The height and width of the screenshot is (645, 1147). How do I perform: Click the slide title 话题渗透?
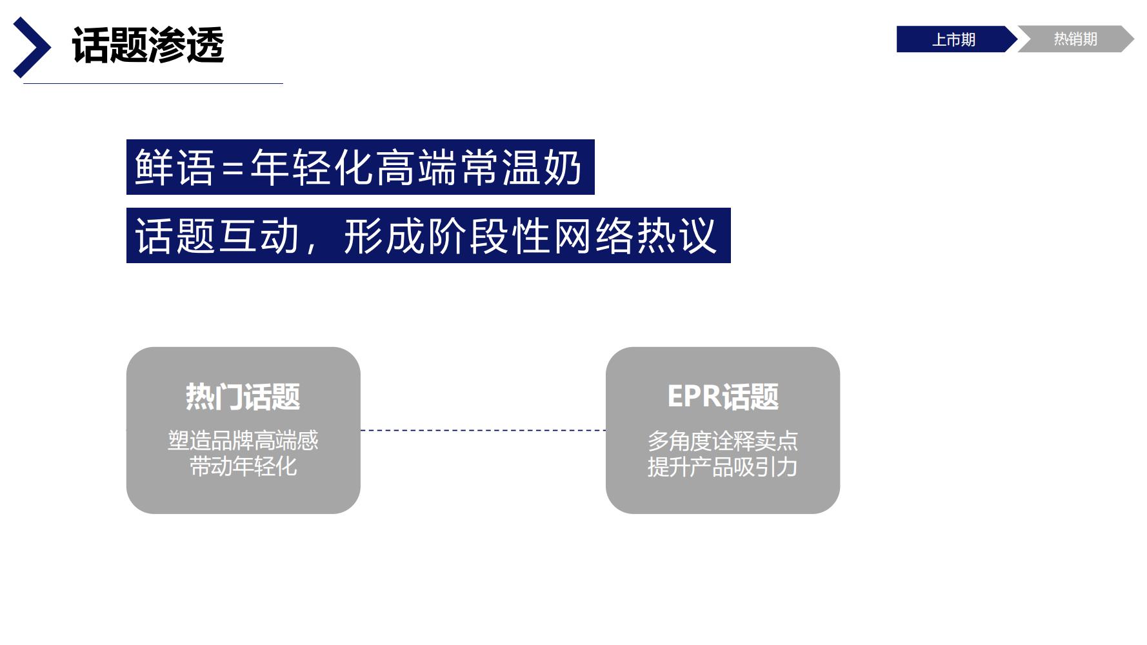pyautogui.click(x=148, y=46)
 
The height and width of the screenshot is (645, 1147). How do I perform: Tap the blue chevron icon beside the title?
pyautogui.click(x=32, y=47)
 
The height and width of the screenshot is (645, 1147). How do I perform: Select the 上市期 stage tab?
pyautogui.click(x=953, y=39)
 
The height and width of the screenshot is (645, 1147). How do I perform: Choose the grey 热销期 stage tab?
pyautogui.click(x=1075, y=39)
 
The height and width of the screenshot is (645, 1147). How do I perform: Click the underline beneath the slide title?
pyautogui.click(x=153, y=83)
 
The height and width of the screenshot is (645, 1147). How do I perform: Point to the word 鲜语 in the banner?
pyautogui.click(x=174, y=168)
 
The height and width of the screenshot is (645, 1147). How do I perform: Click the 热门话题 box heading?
pyautogui.click(x=243, y=397)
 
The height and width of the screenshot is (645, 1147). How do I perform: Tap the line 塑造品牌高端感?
pyautogui.click(x=243, y=441)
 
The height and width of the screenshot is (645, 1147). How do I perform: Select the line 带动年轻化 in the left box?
pyautogui.click(x=243, y=466)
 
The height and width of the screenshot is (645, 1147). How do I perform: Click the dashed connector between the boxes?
pyautogui.click(x=483, y=430)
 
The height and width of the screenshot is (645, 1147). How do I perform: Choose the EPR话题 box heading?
pyautogui.click(x=723, y=397)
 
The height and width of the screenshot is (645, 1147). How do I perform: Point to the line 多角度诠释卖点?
pyautogui.click(x=723, y=441)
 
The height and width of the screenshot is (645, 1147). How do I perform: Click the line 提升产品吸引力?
pyautogui.click(x=723, y=467)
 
